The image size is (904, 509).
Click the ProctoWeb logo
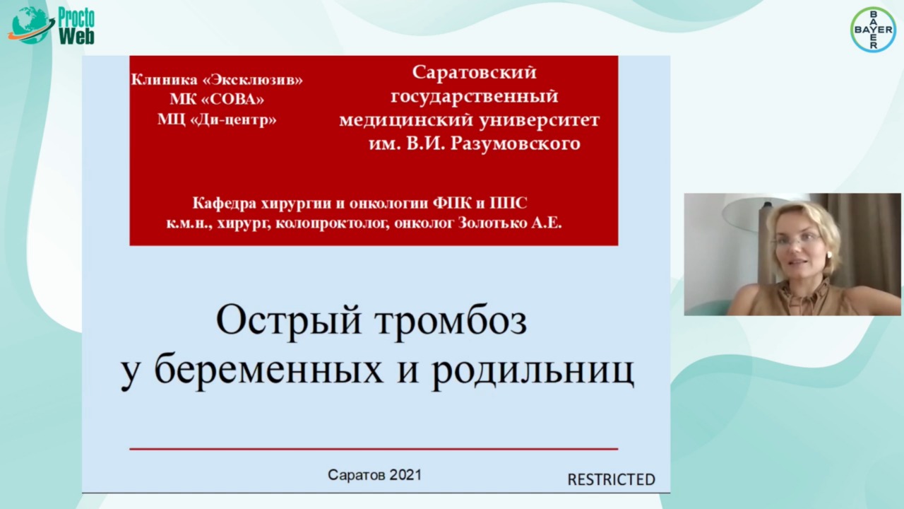(52, 25)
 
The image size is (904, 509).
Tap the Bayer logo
(874, 30)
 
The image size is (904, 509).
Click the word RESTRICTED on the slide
(611, 479)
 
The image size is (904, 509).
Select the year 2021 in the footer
(405, 475)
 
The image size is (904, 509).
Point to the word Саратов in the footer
(357, 475)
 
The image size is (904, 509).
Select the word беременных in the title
(269, 370)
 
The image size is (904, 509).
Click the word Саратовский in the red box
(474, 73)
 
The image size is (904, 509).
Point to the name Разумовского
(515, 144)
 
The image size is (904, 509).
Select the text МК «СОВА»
(217, 99)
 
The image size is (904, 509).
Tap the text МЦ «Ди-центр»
(217, 119)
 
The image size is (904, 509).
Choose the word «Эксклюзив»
(252, 80)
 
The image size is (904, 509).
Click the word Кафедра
(225, 203)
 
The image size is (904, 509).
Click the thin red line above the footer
(374, 449)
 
